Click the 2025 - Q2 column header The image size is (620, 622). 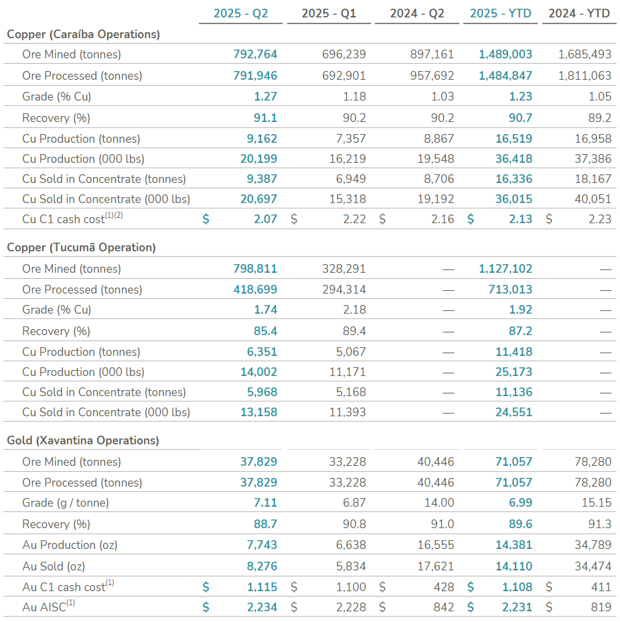(240, 13)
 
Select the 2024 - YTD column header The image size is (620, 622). (578, 13)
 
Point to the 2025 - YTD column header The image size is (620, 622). (500, 13)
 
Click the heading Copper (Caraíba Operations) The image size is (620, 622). (83, 34)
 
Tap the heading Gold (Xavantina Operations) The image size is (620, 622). (83, 440)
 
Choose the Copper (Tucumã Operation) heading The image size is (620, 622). (81, 247)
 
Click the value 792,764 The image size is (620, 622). (255, 54)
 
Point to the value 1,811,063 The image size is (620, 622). (585, 76)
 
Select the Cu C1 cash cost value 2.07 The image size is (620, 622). (265, 219)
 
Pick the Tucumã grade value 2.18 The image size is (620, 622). (354, 310)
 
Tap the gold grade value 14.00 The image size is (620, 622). (439, 503)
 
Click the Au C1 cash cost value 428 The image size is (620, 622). (444, 587)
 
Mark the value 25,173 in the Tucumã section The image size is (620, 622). (514, 372)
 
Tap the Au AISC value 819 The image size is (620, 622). (601, 607)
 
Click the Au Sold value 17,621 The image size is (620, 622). (436, 566)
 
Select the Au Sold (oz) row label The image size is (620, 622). (54, 566)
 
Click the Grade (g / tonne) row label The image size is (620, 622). (66, 503)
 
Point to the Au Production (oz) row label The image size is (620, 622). (70, 545)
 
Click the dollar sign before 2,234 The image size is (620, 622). (206, 607)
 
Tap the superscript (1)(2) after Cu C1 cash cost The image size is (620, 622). (114, 215)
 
